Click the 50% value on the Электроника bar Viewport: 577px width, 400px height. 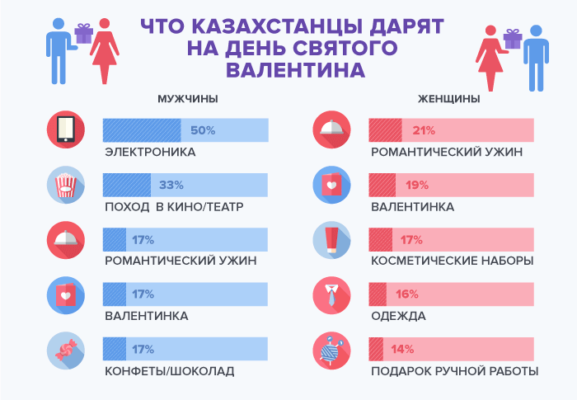click(x=202, y=130)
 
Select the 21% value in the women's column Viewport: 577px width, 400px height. click(x=423, y=130)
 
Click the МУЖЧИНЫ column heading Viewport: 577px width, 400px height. click(x=187, y=99)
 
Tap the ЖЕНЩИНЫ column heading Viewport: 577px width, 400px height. click(x=449, y=99)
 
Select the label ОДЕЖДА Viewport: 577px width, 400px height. click(x=398, y=316)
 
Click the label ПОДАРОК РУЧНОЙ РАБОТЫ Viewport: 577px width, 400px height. click(x=455, y=371)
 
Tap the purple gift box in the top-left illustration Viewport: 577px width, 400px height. click(x=83, y=33)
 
